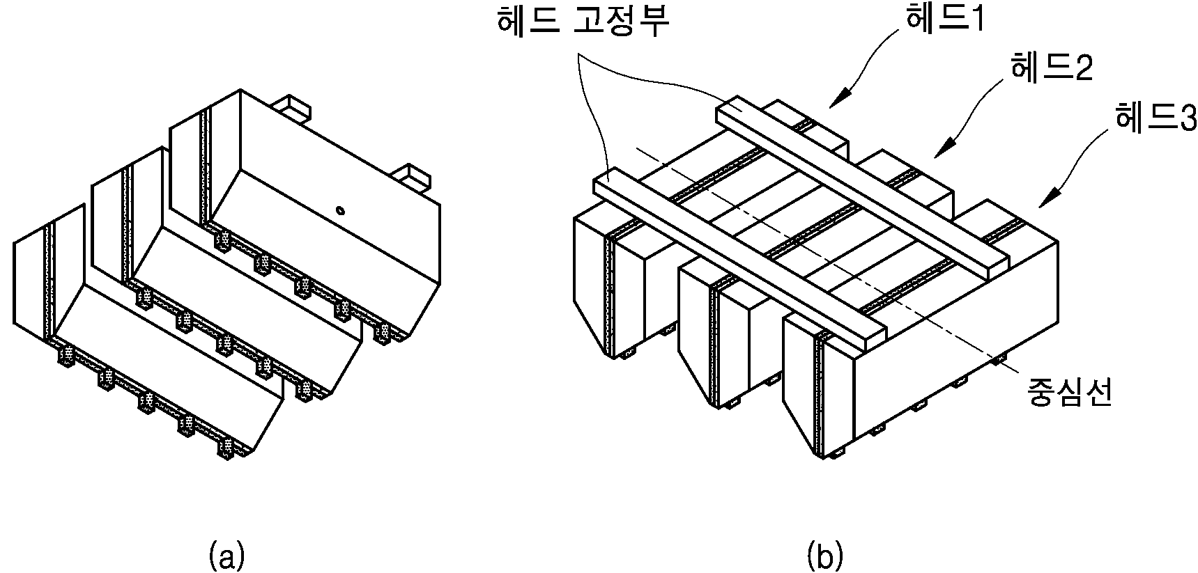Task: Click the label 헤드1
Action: (944, 22)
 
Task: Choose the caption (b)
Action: (824, 557)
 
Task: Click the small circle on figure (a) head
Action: (339, 210)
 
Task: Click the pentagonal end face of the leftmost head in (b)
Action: (590, 285)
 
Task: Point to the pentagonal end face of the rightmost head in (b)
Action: (799, 386)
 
